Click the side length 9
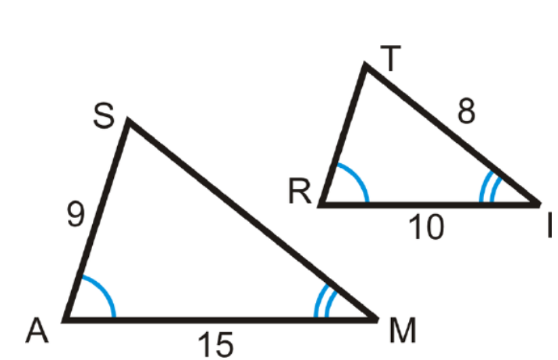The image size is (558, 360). (76, 214)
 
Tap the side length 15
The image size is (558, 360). (215, 344)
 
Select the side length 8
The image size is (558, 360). (466, 114)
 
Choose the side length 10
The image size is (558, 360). (425, 227)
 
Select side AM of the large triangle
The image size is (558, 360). (219, 319)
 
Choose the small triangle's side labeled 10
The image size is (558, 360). (429, 204)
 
